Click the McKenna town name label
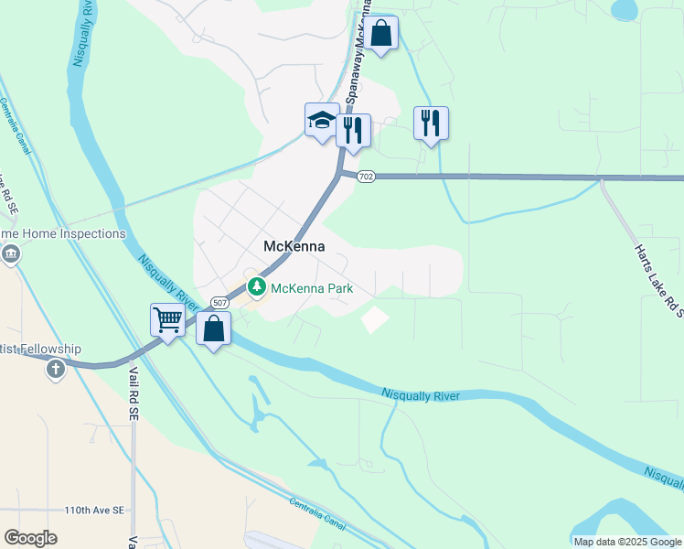(x=294, y=246)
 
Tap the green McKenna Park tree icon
(x=258, y=288)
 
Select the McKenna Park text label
(x=312, y=289)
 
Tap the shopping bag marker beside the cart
(x=213, y=329)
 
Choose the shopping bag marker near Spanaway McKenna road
(x=382, y=34)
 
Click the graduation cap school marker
(x=322, y=121)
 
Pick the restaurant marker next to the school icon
(x=353, y=131)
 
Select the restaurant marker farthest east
(x=431, y=124)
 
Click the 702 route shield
(x=366, y=177)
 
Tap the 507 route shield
(x=219, y=302)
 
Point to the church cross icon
(x=56, y=369)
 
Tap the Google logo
(x=30, y=538)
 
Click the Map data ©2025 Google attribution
(x=626, y=542)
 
